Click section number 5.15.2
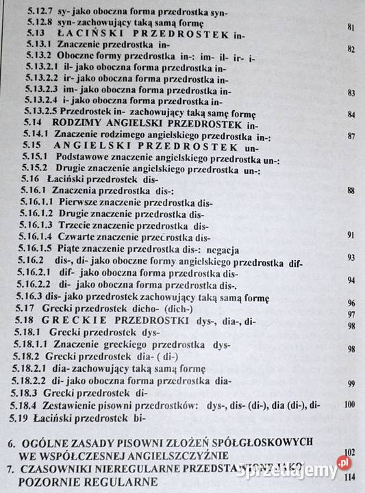[32, 168]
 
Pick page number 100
[349, 405]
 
